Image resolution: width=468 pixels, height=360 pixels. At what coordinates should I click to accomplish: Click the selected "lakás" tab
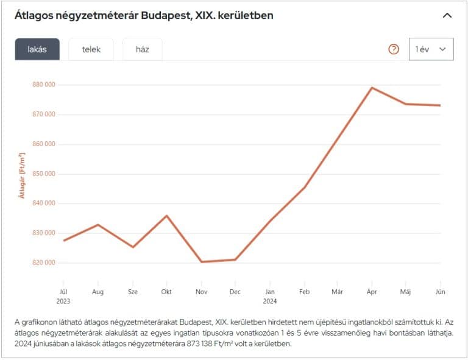37,49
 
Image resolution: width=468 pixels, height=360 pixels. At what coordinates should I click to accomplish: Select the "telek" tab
91,49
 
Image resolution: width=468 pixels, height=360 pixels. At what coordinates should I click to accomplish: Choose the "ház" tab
143,49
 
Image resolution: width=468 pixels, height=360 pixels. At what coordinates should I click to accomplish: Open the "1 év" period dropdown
431,49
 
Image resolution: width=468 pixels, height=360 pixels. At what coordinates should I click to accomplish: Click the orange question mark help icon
394,49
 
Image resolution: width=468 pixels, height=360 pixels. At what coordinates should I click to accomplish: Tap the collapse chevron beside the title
447,15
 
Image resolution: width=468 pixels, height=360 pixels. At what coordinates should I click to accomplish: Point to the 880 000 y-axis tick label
43,85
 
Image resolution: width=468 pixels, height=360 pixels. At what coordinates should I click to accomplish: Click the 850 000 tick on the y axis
43,174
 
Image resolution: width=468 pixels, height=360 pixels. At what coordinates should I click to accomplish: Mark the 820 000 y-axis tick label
43,263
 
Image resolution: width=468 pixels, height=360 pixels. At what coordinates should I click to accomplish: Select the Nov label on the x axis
202,292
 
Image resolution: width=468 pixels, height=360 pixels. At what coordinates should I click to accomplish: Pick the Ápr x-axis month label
371,292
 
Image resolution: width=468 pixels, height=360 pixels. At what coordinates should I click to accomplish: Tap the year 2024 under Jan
270,301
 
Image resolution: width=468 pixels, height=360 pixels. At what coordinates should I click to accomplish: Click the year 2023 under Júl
63,301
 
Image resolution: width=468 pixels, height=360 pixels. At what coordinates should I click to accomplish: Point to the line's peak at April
372,88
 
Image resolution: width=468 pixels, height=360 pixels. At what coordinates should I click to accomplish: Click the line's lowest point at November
201,262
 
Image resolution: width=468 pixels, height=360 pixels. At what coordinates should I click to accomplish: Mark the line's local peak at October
166,216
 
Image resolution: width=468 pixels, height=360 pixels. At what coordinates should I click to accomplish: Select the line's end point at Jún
440,105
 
